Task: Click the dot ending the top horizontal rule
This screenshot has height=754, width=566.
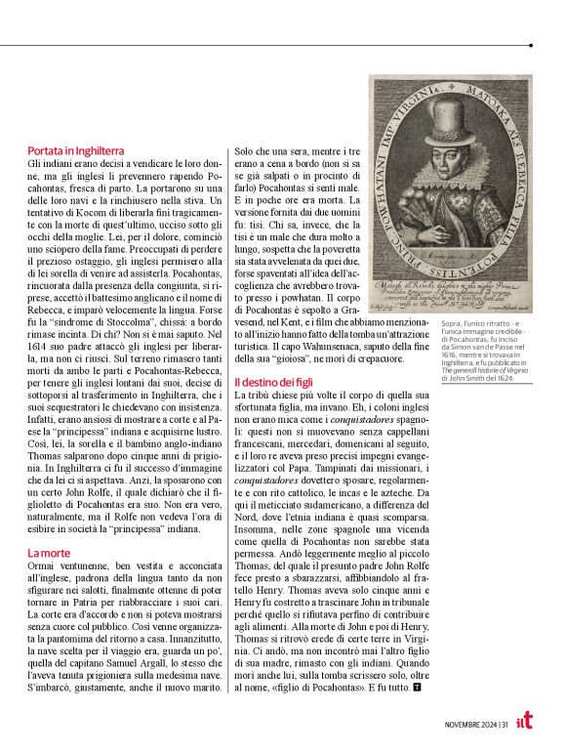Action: pos(530,45)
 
